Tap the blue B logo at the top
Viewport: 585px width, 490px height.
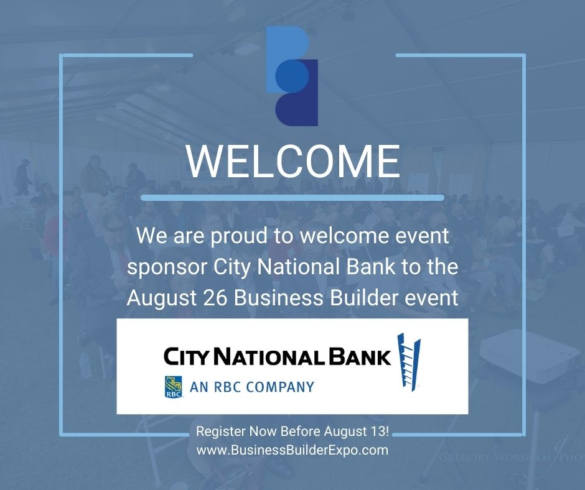(292, 76)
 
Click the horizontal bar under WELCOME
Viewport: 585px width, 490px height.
(292, 198)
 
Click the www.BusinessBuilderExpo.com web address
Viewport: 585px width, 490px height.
(292, 450)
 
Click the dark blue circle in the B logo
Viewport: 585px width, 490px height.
(292, 75)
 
